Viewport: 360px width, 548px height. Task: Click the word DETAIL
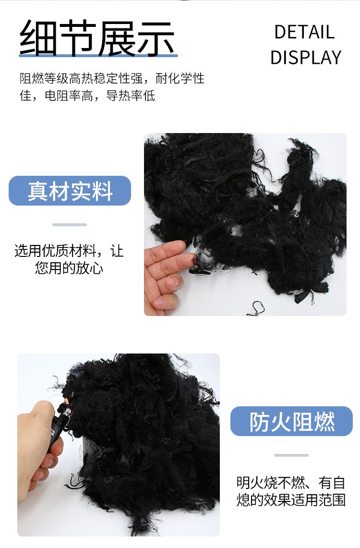304,32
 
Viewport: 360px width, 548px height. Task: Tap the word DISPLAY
306,58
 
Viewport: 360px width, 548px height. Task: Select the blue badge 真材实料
70,191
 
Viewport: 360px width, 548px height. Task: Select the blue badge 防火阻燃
291,421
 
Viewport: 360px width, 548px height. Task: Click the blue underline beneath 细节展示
98,55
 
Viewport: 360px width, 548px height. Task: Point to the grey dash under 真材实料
70,225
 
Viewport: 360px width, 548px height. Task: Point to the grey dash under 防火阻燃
291,455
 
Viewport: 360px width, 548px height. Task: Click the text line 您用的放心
69,268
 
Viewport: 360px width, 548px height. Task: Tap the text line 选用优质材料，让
69,251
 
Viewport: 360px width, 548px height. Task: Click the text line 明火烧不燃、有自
290,483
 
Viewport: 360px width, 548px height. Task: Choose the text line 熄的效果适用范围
290,500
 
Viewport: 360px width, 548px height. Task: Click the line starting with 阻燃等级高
112,78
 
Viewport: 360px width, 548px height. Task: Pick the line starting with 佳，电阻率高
87,96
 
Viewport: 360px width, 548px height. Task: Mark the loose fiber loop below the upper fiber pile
256,308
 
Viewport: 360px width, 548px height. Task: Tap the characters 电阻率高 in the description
69,96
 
